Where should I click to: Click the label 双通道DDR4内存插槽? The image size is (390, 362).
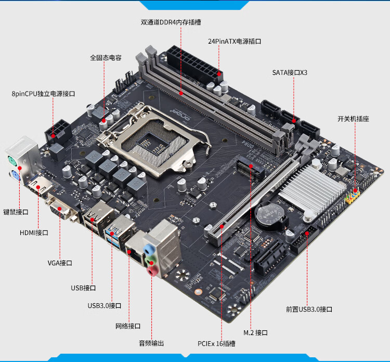coord(171,22)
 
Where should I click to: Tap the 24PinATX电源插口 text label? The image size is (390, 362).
coord(235,41)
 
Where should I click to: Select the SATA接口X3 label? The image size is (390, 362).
coord(290,73)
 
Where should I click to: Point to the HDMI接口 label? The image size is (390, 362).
coord(34,233)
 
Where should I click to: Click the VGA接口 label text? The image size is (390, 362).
coord(60,263)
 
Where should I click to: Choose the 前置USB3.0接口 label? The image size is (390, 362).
coord(309,309)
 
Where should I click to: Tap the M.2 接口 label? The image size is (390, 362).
coord(255,333)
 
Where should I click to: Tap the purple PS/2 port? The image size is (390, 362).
coord(15,176)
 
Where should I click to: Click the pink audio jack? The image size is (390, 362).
coord(152,270)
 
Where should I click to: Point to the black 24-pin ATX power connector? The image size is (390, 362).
coord(194,64)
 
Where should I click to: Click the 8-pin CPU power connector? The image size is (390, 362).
coord(58,132)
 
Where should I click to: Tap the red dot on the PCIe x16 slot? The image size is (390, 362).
coord(222,226)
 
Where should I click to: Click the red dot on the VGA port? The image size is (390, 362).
coord(60,209)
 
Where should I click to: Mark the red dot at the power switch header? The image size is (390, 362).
coord(355,190)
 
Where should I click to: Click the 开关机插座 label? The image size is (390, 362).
coord(353,119)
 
